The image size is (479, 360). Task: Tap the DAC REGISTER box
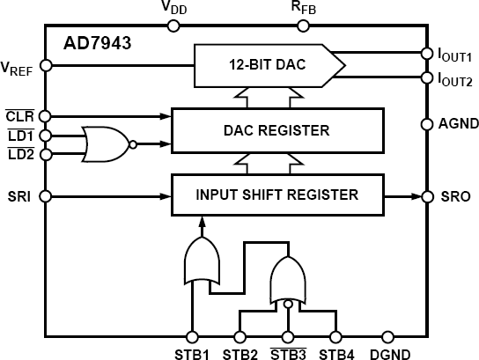(276, 131)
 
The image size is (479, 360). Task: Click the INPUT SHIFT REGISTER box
(276, 195)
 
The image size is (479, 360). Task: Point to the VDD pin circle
(173, 26)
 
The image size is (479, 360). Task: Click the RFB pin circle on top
(302, 26)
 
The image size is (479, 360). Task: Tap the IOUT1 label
(455, 55)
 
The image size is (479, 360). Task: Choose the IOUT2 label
(455, 79)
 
